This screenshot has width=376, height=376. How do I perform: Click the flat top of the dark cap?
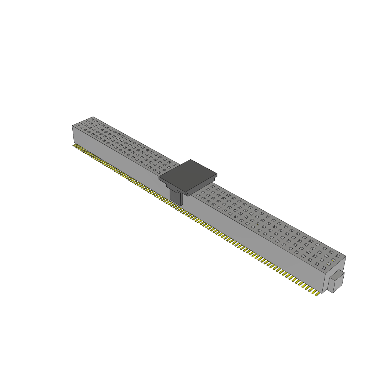point(188,175)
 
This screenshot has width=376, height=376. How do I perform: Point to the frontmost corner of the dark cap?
point(186,192)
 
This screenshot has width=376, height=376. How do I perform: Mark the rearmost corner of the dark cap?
point(190,160)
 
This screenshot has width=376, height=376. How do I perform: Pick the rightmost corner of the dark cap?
point(217,174)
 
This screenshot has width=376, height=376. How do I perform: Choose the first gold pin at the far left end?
point(73,145)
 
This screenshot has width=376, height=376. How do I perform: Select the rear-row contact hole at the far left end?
point(93,119)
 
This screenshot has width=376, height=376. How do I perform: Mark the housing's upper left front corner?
point(72,126)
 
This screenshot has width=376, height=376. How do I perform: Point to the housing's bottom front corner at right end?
point(322,293)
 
